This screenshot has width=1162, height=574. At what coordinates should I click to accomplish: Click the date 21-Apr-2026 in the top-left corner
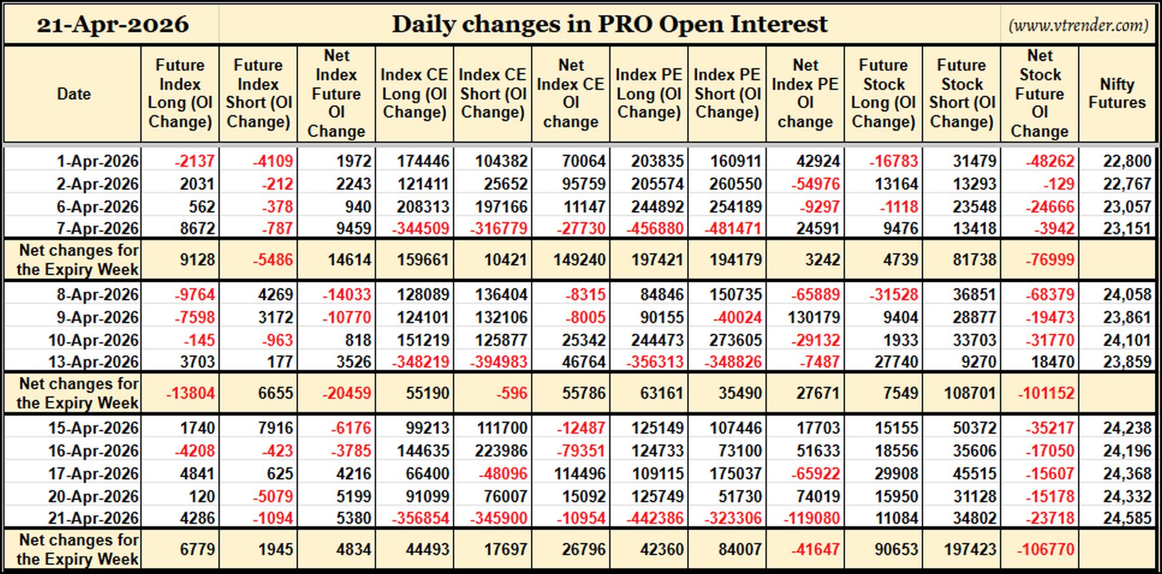coord(113,24)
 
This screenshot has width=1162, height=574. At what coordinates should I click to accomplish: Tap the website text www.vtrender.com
coord(1078,25)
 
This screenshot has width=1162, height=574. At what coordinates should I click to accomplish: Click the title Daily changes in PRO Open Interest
coord(609,24)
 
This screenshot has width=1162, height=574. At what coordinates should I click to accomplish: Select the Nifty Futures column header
coord(1117,94)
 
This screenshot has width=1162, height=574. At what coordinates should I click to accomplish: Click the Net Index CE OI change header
coord(571,94)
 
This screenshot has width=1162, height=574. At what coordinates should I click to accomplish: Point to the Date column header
coord(74,94)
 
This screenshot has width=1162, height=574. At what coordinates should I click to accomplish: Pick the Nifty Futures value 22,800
coord(1127,161)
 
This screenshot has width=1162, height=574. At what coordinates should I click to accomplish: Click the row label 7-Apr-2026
coord(97,229)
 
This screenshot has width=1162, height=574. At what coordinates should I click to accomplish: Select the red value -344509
coord(421,229)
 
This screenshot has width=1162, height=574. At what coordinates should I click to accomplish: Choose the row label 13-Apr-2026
coord(94,362)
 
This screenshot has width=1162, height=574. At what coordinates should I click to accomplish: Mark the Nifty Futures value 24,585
coord(1127,518)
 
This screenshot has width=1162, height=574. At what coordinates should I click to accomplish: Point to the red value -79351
coord(581,451)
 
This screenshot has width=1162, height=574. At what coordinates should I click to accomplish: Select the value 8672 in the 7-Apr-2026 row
coord(198,229)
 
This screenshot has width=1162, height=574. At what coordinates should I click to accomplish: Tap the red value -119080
coord(808,518)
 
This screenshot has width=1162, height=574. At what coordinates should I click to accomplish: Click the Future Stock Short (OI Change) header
coord(962,94)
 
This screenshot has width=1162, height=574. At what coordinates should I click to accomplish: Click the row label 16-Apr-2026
coord(94,451)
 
